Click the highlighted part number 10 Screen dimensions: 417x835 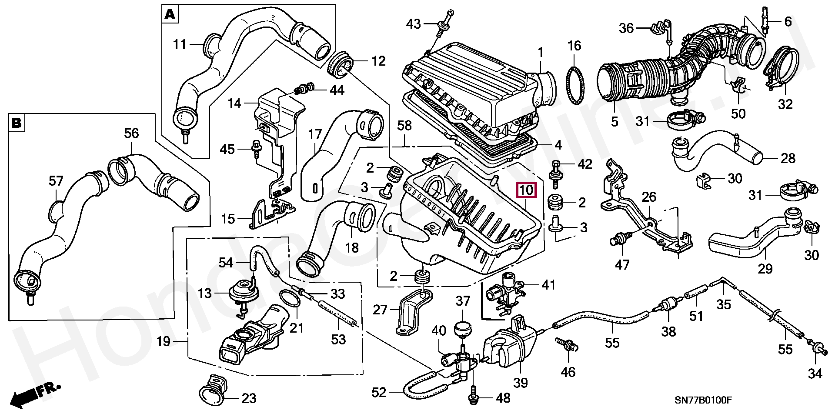526,190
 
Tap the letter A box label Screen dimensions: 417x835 170,15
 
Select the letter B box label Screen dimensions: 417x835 17,123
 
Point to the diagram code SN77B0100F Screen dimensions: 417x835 703,400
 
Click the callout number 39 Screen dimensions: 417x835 520,382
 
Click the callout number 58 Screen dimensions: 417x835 404,126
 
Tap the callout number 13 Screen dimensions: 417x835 204,294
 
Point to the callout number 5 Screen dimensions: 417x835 614,121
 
